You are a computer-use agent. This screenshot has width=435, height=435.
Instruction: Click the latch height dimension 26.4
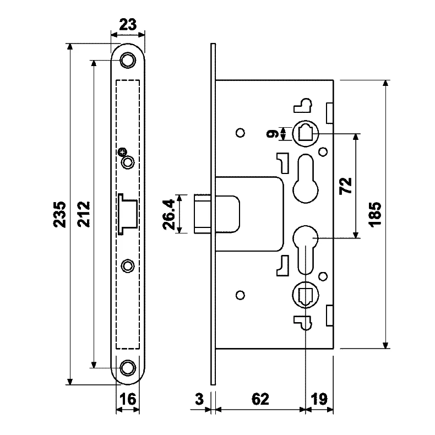[x=169, y=214]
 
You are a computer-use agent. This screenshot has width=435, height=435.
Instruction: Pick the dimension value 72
[x=346, y=186]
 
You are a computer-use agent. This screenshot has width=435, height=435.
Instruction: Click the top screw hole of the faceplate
[x=128, y=59]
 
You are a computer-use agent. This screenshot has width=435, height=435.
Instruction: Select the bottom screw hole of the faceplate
[x=128, y=367]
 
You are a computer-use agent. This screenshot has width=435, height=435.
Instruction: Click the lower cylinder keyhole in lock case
[x=306, y=247]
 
